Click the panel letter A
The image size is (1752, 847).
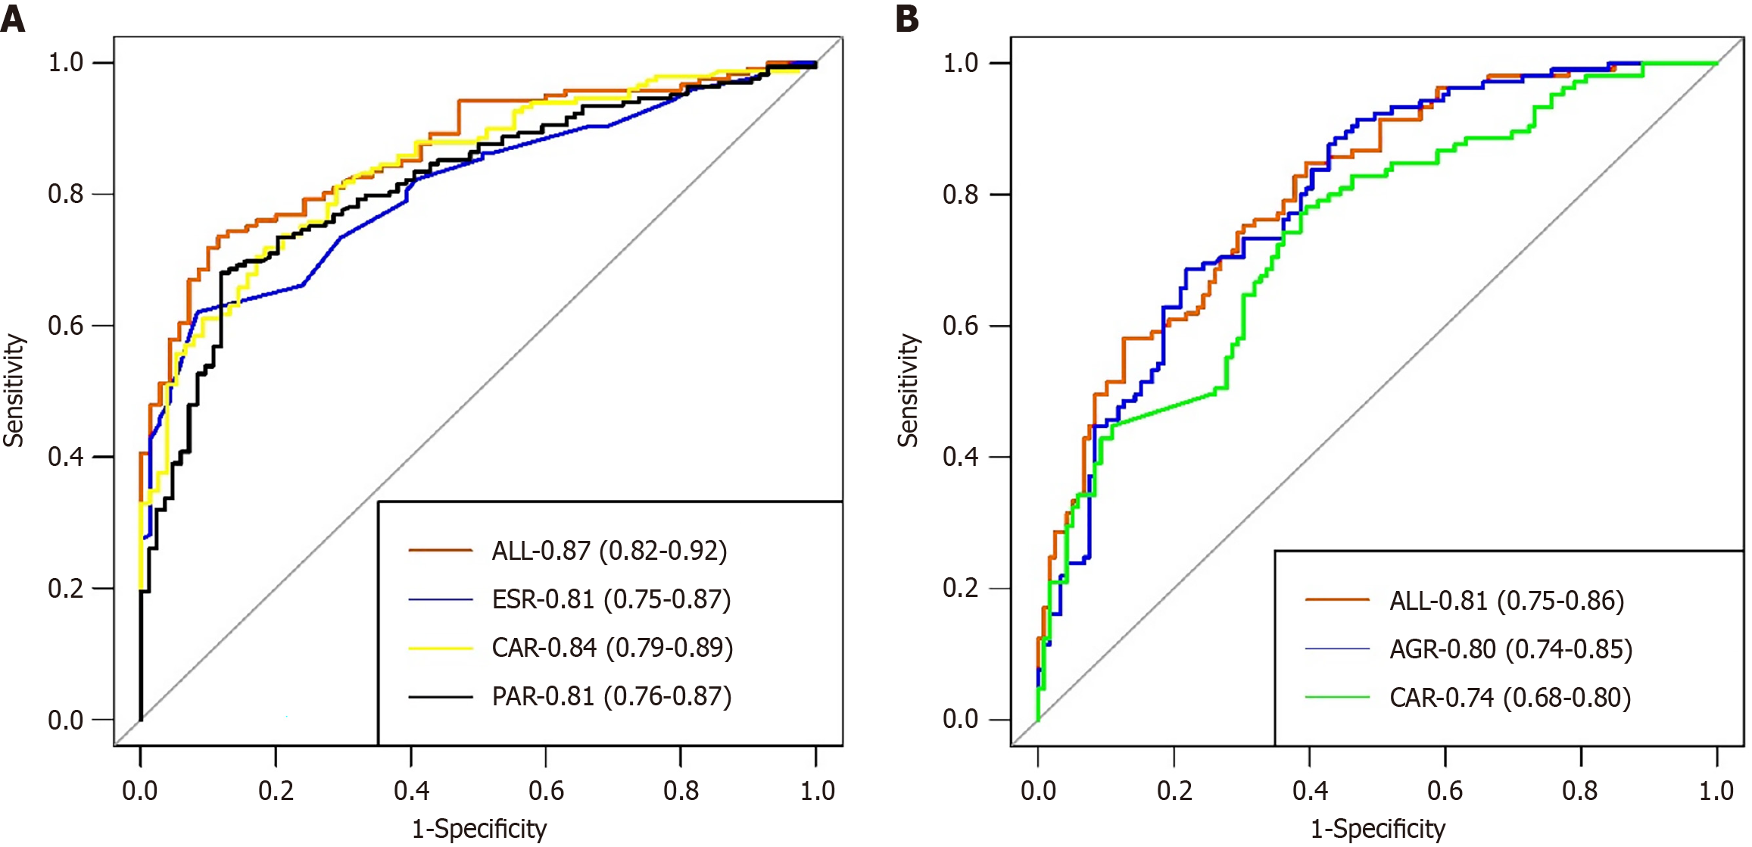pyautogui.click(x=13, y=17)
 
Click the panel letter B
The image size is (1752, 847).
pyautogui.click(x=907, y=17)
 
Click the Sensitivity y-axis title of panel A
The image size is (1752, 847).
pyautogui.click(x=14, y=390)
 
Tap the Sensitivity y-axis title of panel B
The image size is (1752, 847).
pyautogui.click(x=909, y=390)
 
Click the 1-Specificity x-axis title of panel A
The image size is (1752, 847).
pyautogui.click(x=479, y=829)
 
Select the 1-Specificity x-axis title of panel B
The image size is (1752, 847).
pyautogui.click(x=1378, y=829)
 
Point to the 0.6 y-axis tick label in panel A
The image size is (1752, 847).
pyautogui.click(x=66, y=326)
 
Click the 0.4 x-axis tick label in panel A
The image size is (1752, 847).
pyautogui.click(x=411, y=791)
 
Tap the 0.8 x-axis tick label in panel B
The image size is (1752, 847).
pyautogui.click(x=1580, y=791)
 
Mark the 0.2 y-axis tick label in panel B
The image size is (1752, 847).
pyautogui.click(x=961, y=588)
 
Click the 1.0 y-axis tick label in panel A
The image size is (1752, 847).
pyautogui.click(x=66, y=62)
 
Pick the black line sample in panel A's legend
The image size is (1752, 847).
pyautogui.click(x=441, y=696)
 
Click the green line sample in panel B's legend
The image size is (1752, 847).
pyautogui.click(x=1337, y=698)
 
